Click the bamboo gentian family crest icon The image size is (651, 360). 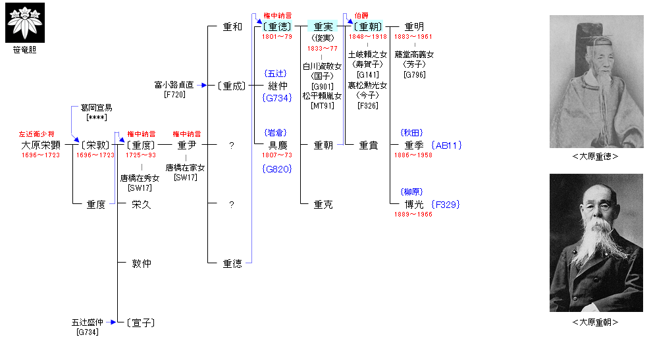[26, 22]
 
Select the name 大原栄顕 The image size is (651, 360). [41, 145]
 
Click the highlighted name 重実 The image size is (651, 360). [323, 27]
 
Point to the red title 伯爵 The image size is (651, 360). [362, 15]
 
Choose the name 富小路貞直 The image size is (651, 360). [174, 85]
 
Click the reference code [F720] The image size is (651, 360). [174, 95]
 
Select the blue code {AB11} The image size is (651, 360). [448, 145]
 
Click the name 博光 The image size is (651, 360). [414, 204]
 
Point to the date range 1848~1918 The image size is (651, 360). [367, 37]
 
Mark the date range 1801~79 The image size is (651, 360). [277, 37]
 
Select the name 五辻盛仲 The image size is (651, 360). [88, 322]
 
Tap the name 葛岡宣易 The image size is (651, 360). [96, 107]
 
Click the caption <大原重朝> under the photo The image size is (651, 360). [596, 322]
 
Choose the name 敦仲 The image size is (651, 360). [142, 263]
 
